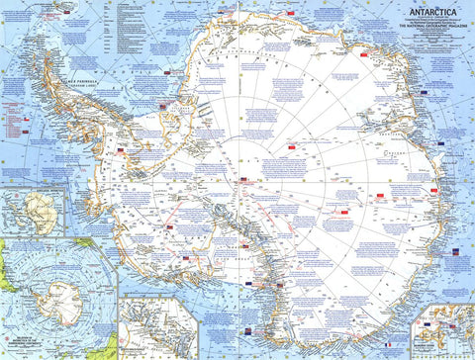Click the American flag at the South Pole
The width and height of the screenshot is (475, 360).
(244, 180)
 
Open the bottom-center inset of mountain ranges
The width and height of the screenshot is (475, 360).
(158, 326)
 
